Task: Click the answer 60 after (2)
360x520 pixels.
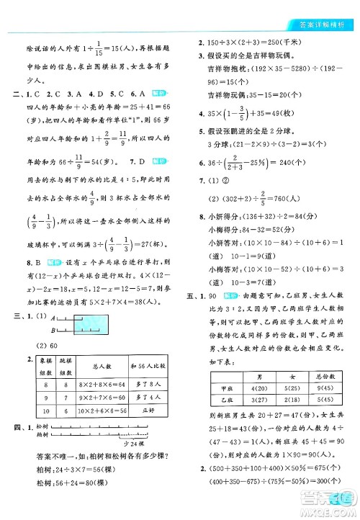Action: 52,320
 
